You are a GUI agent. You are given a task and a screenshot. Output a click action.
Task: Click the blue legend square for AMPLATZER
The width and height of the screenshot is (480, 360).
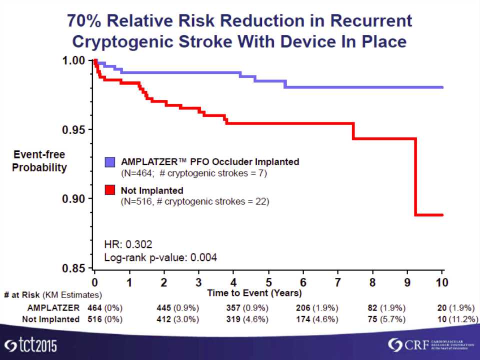tap(110, 162)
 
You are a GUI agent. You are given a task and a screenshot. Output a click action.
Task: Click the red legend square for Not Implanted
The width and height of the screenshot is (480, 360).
tap(110, 190)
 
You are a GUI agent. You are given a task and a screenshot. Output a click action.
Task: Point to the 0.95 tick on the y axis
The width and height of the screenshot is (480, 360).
tap(92, 129)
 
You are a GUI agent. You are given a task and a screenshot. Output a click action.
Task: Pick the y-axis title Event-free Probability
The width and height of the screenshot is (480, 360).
tap(39, 161)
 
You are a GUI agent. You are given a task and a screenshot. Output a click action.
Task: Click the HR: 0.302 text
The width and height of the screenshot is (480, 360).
tap(128, 244)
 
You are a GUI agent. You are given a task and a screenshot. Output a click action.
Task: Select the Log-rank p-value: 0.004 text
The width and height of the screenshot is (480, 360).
tap(160, 258)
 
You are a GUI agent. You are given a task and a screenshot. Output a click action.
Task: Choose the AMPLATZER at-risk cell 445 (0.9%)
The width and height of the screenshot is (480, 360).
tap(178, 307)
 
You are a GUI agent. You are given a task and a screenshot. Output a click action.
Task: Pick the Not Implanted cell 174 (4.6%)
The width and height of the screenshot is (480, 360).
tap(317, 319)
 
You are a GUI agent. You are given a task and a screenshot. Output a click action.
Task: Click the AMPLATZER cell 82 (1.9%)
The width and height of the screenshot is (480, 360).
tap(386, 307)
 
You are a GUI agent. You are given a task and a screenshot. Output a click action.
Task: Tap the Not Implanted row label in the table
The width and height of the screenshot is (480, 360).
tap(50, 319)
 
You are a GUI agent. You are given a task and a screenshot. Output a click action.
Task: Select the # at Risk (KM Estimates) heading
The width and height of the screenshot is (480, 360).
tap(53, 295)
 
